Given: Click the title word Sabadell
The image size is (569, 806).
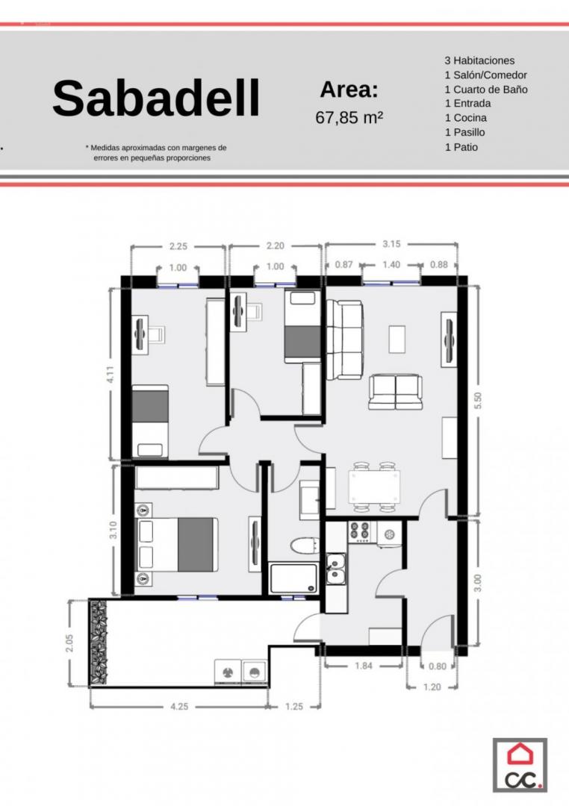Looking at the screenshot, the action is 156,99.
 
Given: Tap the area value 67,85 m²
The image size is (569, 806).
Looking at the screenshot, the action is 349,118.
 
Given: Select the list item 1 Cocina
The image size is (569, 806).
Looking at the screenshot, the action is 466,118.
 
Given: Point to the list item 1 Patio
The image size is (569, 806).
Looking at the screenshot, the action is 461,147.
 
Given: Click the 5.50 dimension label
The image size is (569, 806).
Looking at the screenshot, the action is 478,401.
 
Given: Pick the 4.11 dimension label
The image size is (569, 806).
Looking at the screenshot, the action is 110,374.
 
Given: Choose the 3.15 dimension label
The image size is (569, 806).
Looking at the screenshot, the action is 391,243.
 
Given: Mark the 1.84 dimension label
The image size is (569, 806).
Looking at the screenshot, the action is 363,666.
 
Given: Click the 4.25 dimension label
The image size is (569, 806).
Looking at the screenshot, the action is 179,707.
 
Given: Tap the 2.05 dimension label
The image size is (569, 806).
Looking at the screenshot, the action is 69,643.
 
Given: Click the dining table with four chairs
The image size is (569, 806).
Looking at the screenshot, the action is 374,487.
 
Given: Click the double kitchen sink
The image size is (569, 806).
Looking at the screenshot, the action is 336,569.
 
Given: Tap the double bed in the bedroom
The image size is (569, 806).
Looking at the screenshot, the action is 176,544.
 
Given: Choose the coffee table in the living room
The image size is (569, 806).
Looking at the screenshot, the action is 397,340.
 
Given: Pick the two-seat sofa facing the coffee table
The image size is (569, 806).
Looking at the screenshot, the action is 395,393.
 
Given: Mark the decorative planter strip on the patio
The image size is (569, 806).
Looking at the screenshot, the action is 98,643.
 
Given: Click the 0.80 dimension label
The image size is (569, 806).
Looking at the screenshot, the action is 438,666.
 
